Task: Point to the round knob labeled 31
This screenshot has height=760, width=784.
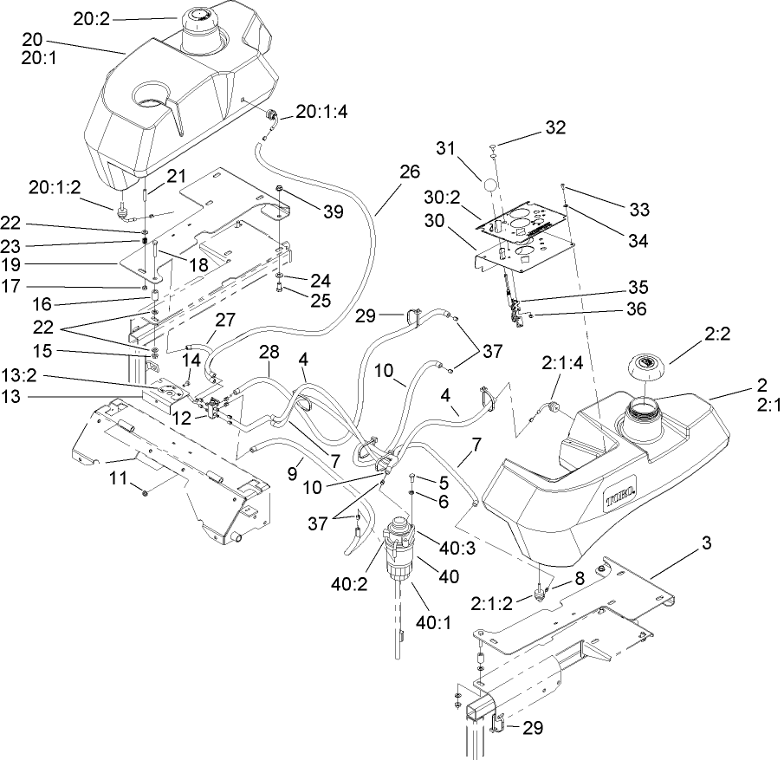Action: (490, 186)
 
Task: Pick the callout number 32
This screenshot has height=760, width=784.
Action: (555, 127)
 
